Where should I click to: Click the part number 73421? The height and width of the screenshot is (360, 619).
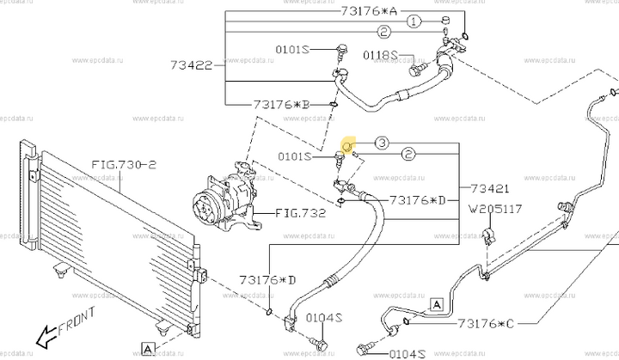tap(491, 188)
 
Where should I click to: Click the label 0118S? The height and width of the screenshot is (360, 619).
tap(380, 56)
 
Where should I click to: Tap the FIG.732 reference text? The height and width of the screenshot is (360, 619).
tap(301, 212)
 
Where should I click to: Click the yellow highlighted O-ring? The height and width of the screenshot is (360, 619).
tap(348, 145)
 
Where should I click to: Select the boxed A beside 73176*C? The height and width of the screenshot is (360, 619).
tap(436, 304)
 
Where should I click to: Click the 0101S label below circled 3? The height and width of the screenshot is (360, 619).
tap(301, 156)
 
